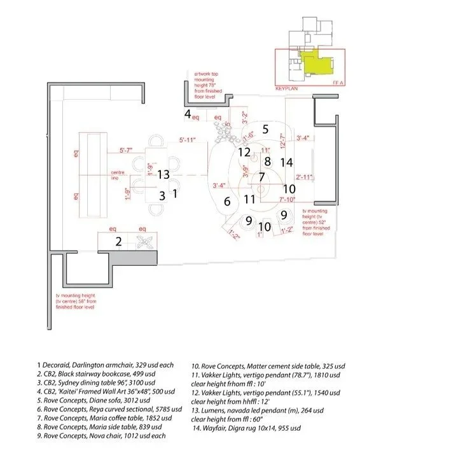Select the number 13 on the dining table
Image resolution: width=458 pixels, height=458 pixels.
pos(163,174)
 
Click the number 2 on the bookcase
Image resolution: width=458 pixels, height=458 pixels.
pos(118,241)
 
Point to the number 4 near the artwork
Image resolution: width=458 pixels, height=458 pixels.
pos(188,114)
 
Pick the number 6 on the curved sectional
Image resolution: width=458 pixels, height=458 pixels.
pos(226,202)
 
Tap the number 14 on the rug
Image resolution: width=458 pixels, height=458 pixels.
pos(286,162)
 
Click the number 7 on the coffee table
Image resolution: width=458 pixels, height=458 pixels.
pos(261,176)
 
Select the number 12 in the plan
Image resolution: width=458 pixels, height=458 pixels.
pos(245,152)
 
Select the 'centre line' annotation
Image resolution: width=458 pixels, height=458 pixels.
pos(117,175)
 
